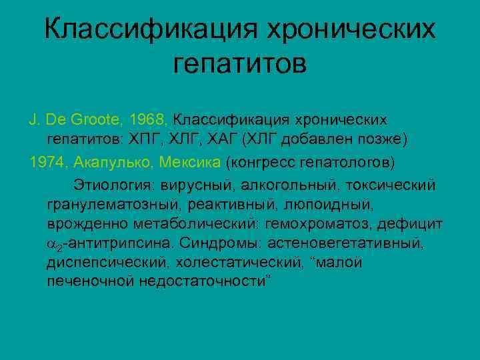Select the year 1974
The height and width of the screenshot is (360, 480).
pos(47,162)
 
